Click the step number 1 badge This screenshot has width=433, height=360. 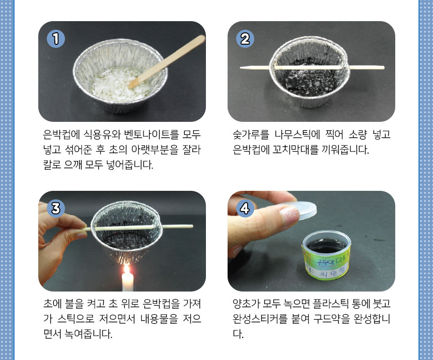click(x=56, y=39)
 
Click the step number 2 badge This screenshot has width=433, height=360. click(x=245, y=39)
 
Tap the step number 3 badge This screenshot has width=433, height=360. click(x=56, y=208)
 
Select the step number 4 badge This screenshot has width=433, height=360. click(x=245, y=208)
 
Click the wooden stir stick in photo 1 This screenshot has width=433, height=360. click(x=167, y=61)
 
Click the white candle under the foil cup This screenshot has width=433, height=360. click(x=127, y=282)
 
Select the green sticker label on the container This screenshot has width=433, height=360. click(x=326, y=263)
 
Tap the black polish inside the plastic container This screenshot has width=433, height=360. click(x=326, y=246)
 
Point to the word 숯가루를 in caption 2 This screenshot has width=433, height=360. click(x=251, y=134)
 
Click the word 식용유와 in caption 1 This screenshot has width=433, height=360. click(x=102, y=134)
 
